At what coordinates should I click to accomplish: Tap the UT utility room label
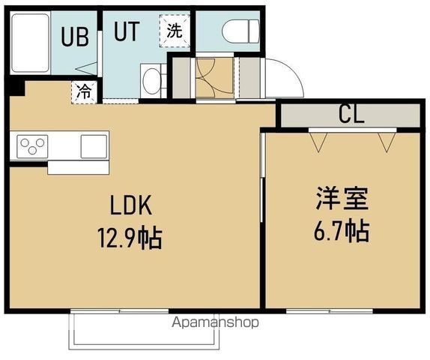(126, 31)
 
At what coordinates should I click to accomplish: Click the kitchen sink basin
(94, 145)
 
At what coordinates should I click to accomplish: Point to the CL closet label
(350, 114)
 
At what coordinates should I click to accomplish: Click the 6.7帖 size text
(340, 230)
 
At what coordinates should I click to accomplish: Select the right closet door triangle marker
(387, 141)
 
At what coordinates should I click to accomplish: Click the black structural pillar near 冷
(16, 88)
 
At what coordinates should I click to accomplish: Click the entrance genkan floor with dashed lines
(205, 76)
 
